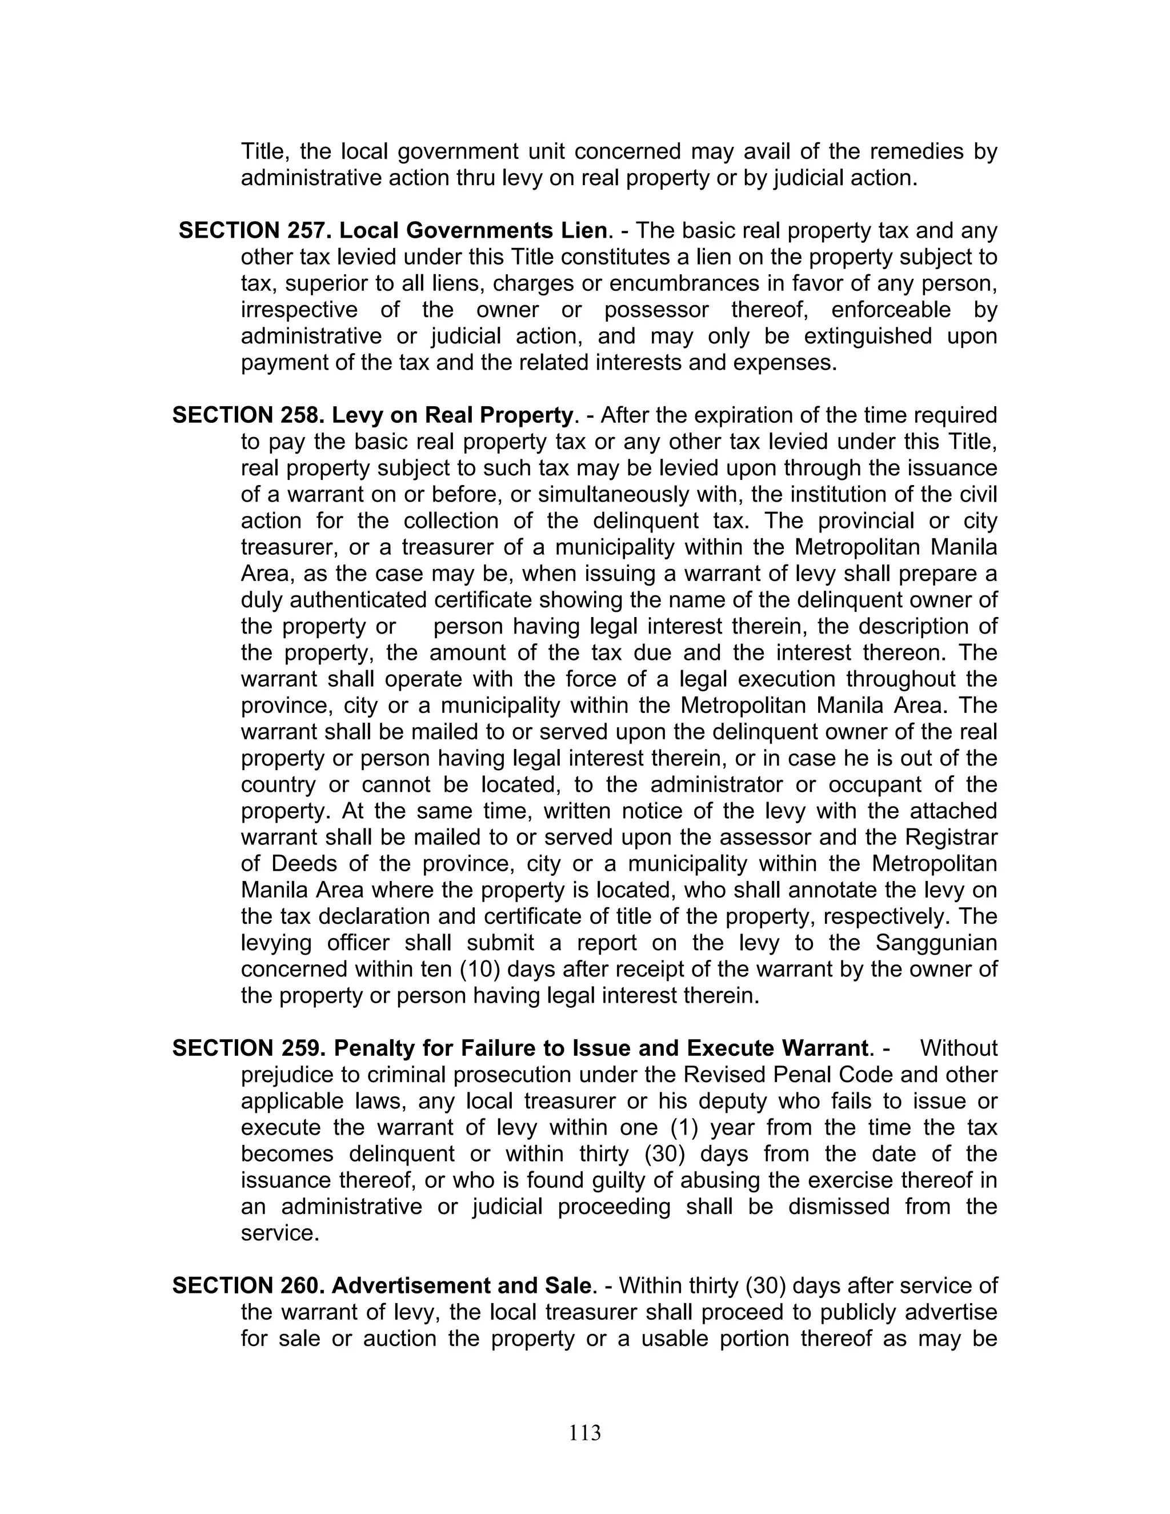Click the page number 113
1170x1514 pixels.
pyautogui.click(x=584, y=1432)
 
